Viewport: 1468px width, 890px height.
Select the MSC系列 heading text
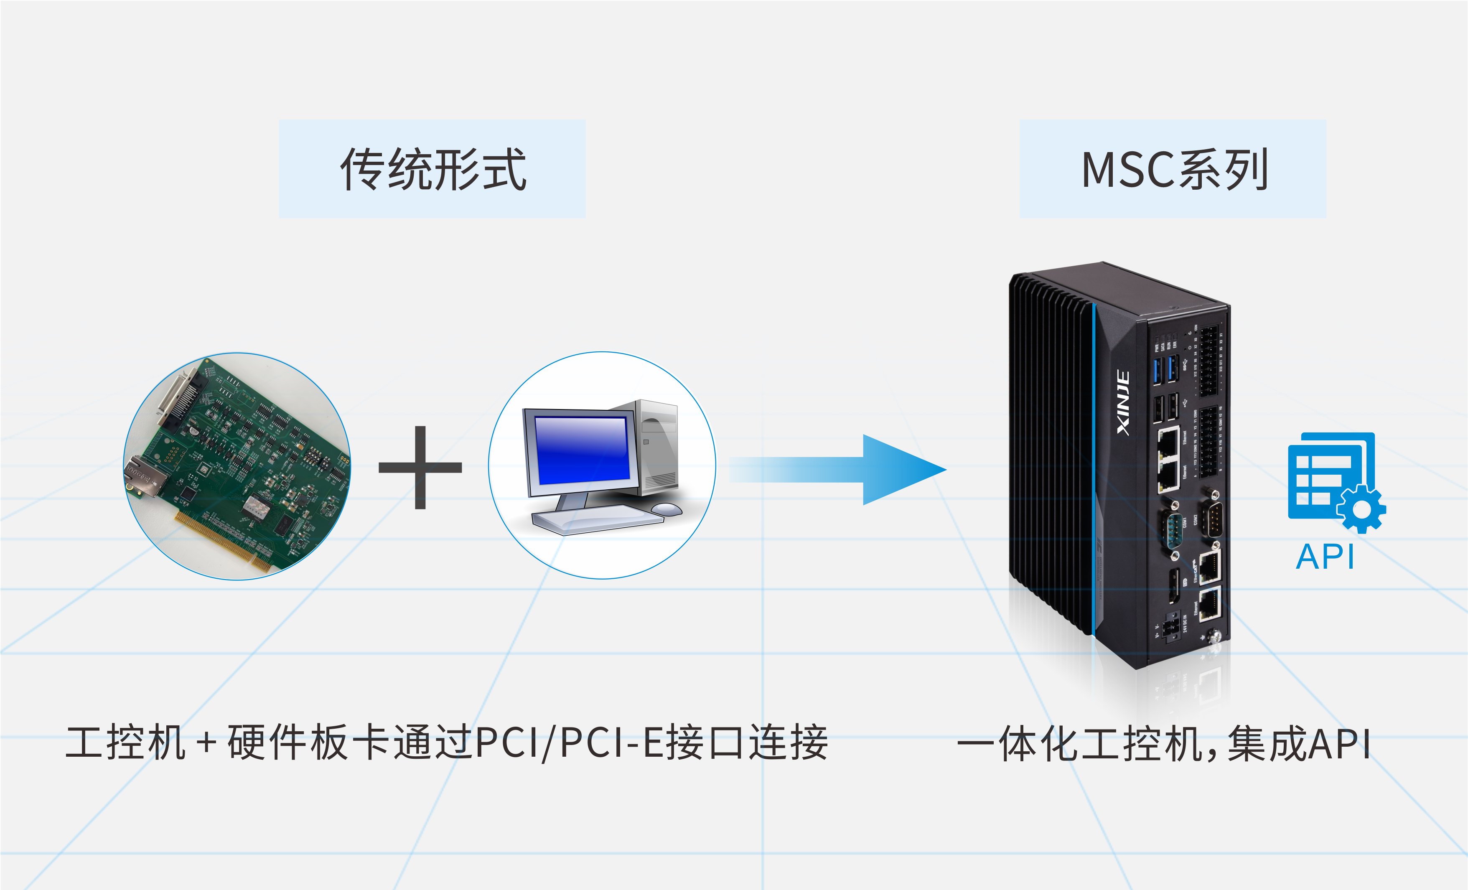[1174, 170]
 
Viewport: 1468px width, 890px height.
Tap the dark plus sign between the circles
[420, 468]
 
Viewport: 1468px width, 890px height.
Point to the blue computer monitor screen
[582, 450]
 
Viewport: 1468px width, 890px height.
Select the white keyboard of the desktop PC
[596, 519]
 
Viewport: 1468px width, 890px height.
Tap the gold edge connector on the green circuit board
[224, 542]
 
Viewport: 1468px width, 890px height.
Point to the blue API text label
[1325, 557]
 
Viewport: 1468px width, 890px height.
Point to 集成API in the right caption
[1299, 743]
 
